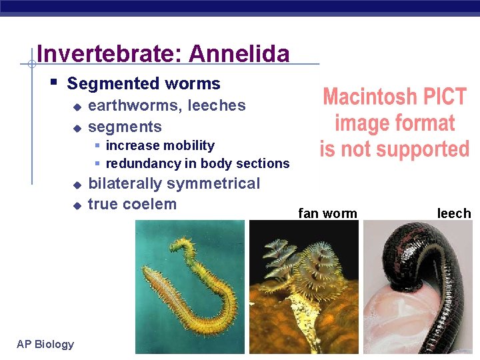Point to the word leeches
(217, 105)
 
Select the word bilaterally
(125, 183)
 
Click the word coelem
(151, 204)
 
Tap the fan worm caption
(327, 213)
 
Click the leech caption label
(453, 213)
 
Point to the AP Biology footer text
(45, 344)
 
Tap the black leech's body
(440, 267)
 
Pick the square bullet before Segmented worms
(53, 83)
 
